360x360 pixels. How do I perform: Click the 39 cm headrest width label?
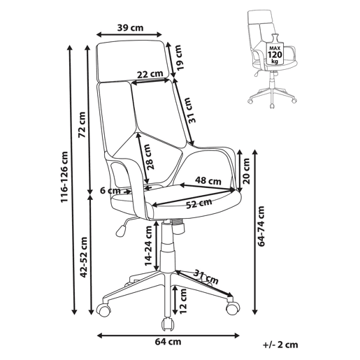pos(130,28)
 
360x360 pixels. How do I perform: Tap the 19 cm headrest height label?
pos(180,57)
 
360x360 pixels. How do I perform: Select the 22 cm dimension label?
pos(150,74)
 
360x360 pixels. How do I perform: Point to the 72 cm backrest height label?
pos(82,124)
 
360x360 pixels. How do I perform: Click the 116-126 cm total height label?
pos(64,177)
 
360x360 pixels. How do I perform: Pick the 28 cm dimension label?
pos(150,157)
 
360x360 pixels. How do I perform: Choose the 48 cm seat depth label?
pos(208,180)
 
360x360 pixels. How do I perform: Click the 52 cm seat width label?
pos(199,203)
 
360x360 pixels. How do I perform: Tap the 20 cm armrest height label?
pos(246,171)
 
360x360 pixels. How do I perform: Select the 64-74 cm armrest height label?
pos(261,226)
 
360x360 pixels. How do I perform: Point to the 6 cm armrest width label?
pos(110,191)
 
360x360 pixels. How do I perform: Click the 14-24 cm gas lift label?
pos(148,245)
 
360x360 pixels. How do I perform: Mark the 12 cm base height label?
pos(184,301)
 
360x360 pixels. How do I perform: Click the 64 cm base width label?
pos(168,342)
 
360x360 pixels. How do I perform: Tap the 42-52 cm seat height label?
pos(83,257)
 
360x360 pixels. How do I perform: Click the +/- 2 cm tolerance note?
pos(280,345)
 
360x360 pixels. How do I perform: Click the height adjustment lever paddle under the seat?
pos(121,230)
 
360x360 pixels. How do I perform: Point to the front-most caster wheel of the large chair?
pos(168,324)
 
